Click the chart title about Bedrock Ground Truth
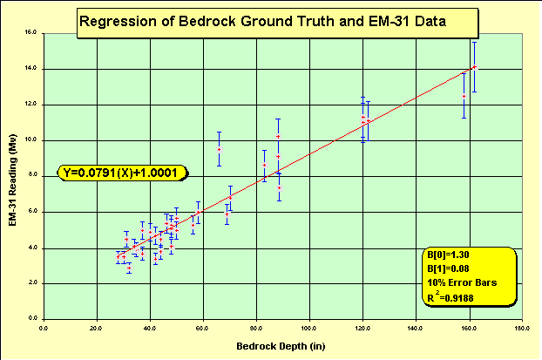pos(261,23)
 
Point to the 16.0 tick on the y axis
pos(29,32)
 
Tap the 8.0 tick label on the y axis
pos(30,175)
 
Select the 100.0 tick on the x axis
pos(308,328)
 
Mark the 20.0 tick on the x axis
pos(97,328)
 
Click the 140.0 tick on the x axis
pos(416,328)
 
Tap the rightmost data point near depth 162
pos(474,66)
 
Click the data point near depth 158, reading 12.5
pos(464,96)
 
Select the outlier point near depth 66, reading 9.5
pos(219,149)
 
